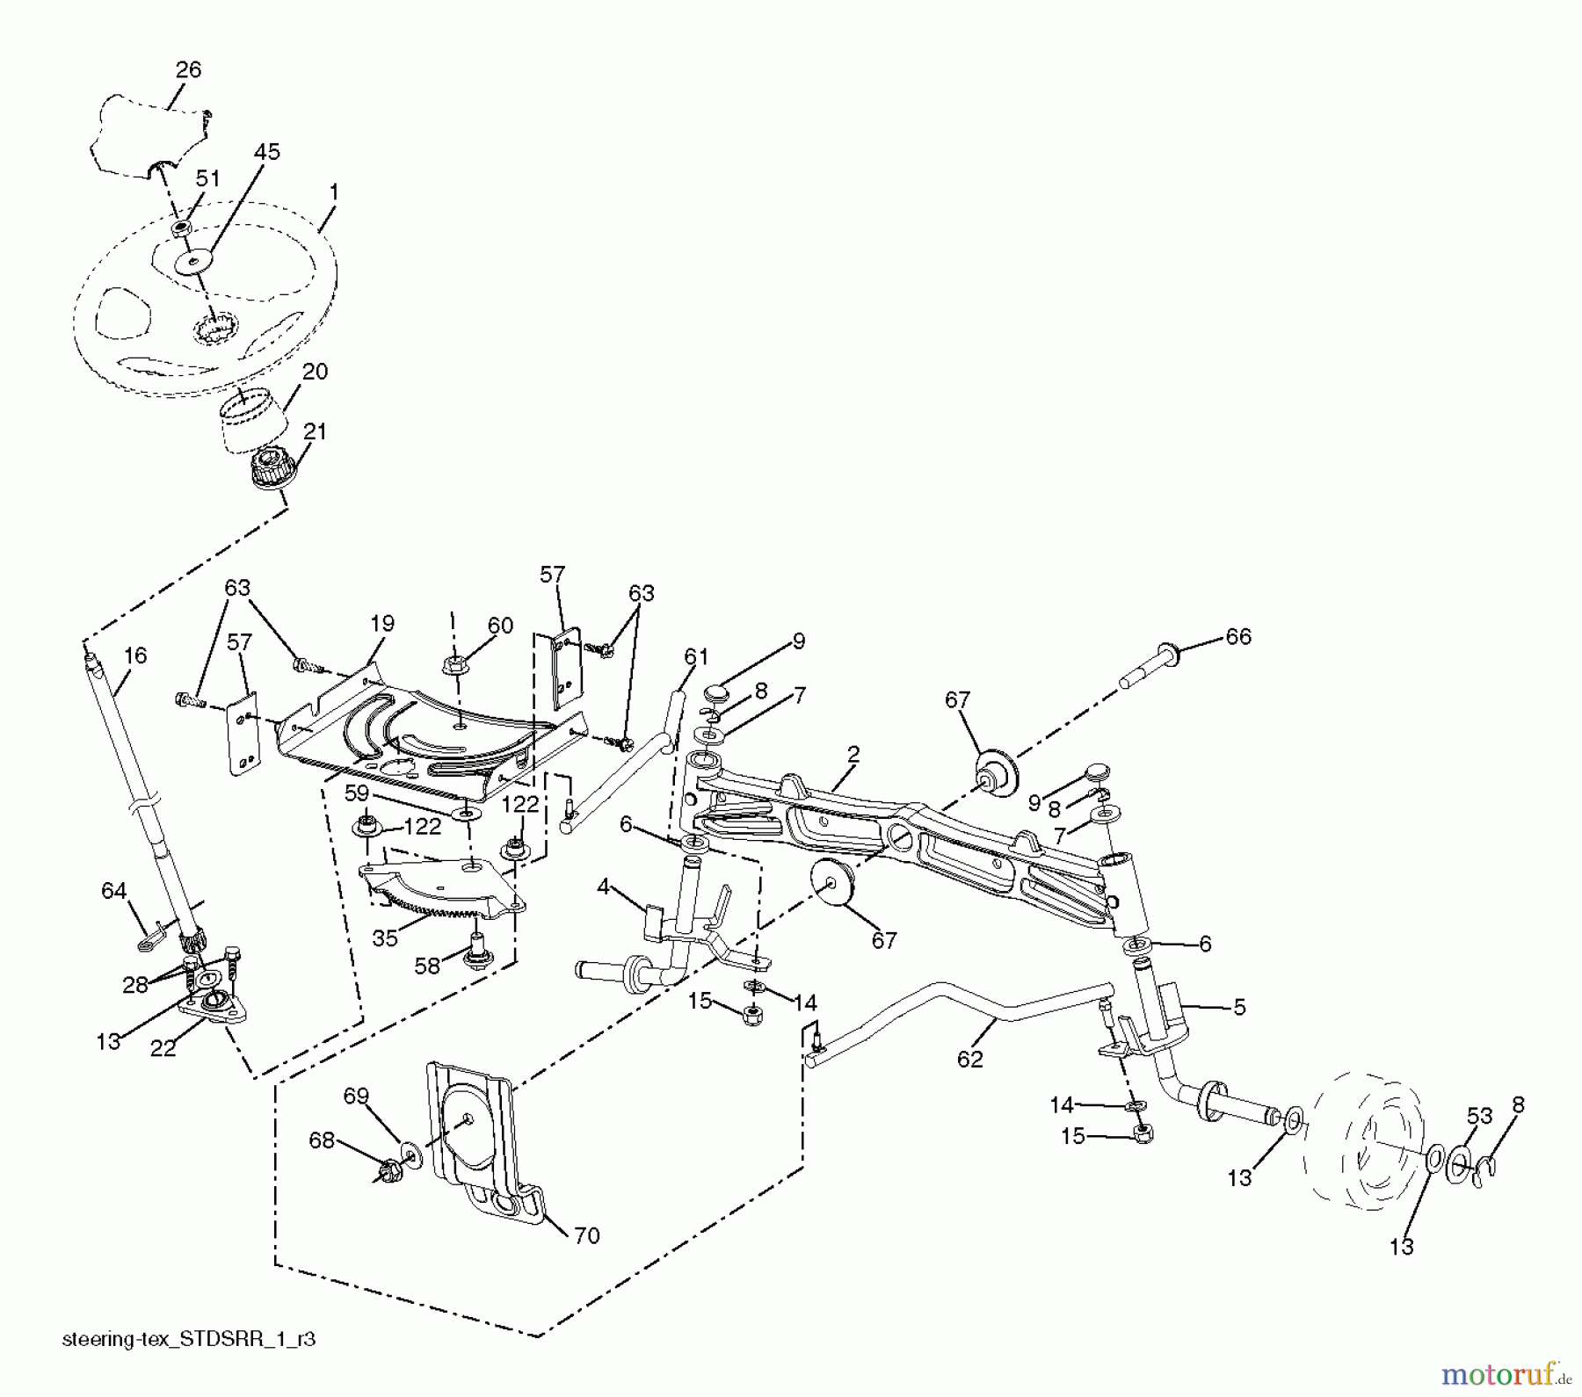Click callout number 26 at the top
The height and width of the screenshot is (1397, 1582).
pos(188,69)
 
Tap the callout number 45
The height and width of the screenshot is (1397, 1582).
pos(266,151)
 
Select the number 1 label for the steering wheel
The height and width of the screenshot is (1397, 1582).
pos(333,192)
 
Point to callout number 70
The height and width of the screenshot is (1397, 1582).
pos(586,1235)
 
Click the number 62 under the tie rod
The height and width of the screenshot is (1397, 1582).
pos(969,1060)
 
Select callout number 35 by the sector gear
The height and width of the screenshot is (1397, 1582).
pos(385,937)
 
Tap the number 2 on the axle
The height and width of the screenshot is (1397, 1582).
pos(853,754)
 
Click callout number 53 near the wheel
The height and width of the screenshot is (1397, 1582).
pos(1480,1116)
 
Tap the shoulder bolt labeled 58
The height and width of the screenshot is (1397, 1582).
pos(479,950)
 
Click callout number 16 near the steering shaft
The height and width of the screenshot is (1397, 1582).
pos(135,655)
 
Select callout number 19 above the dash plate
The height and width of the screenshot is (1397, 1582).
pos(382,624)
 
